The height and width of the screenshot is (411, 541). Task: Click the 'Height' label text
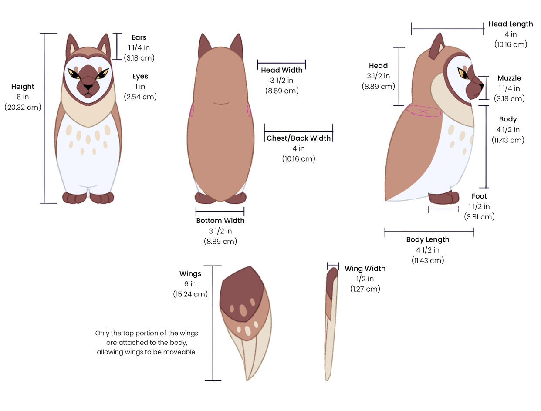click(23, 87)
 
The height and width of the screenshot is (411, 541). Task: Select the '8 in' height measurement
click(23, 97)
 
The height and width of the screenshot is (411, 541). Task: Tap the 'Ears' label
click(139, 37)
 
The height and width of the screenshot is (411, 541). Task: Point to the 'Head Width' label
click(281, 70)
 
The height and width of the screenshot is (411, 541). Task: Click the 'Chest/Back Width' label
click(298, 138)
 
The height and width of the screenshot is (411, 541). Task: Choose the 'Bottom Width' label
click(220, 221)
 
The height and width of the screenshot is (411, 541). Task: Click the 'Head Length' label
click(511, 24)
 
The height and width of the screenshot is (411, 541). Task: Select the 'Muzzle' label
click(509, 78)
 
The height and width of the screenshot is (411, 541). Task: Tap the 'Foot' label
click(479, 196)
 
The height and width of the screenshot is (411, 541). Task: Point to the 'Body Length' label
click(427, 239)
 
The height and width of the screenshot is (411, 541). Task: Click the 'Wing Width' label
click(365, 269)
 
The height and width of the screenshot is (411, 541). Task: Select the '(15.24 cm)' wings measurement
click(190, 294)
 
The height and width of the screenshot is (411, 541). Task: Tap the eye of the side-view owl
click(462, 73)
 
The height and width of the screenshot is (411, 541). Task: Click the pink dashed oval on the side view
click(423, 111)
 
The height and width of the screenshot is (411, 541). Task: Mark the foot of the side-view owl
click(443, 198)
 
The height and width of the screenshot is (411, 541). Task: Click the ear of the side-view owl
click(436, 47)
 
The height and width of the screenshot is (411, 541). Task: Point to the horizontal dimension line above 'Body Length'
click(429, 232)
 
